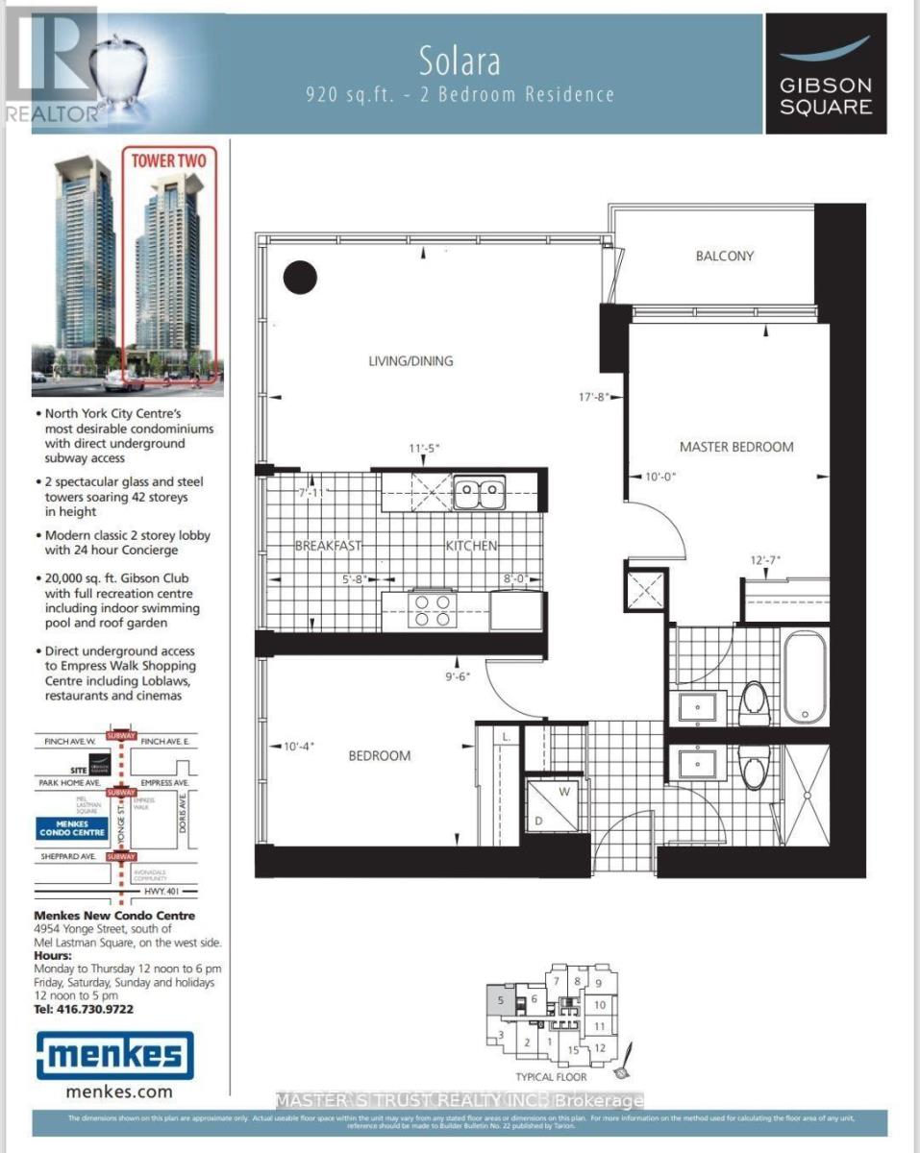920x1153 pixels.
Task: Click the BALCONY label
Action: (x=725, y=256)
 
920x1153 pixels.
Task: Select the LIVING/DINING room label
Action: (x=410, y=361)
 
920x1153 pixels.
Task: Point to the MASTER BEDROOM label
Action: (x=736, y=447)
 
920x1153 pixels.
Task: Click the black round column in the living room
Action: (x=300, y=278)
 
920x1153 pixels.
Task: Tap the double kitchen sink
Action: (x=479, y=493)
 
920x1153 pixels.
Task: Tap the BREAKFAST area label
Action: (x=328, y=546)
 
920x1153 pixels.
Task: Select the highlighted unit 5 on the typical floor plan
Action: (x=500, y=1000)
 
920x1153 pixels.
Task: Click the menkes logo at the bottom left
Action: (x=114, y=1054)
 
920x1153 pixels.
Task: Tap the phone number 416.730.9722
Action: (x=84, y=1009)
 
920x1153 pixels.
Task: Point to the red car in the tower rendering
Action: (x=125, y=381)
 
